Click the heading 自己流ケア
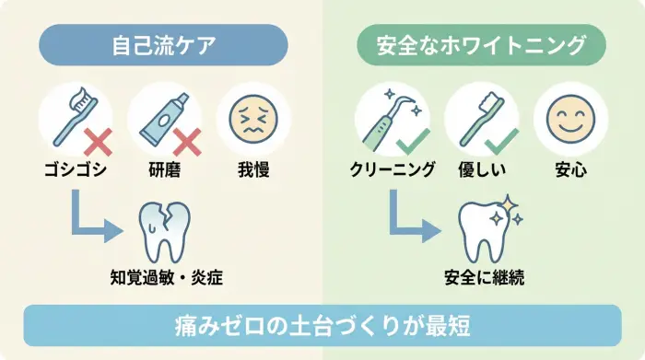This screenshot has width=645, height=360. pyautogui.click(x=163, y=44)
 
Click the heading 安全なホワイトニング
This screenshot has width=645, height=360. pyautogui.click(x=482, y=44)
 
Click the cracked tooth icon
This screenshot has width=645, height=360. pyautogui.click(x=164, y=230)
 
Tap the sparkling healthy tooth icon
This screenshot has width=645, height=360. pyautogui.click(x=484, y=230)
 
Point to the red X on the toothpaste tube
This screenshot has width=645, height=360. pyautogui.click(x=186, y=141)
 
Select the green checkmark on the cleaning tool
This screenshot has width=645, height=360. pyautogui.click(x=414, y=141)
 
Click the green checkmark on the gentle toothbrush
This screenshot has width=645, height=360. pyautogui.click(x=503, y=141)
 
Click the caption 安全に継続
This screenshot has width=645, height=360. pyautogui.click(x=484, y=276)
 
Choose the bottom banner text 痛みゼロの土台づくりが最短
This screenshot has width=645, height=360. pyautogui.click(x=322, y=326)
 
